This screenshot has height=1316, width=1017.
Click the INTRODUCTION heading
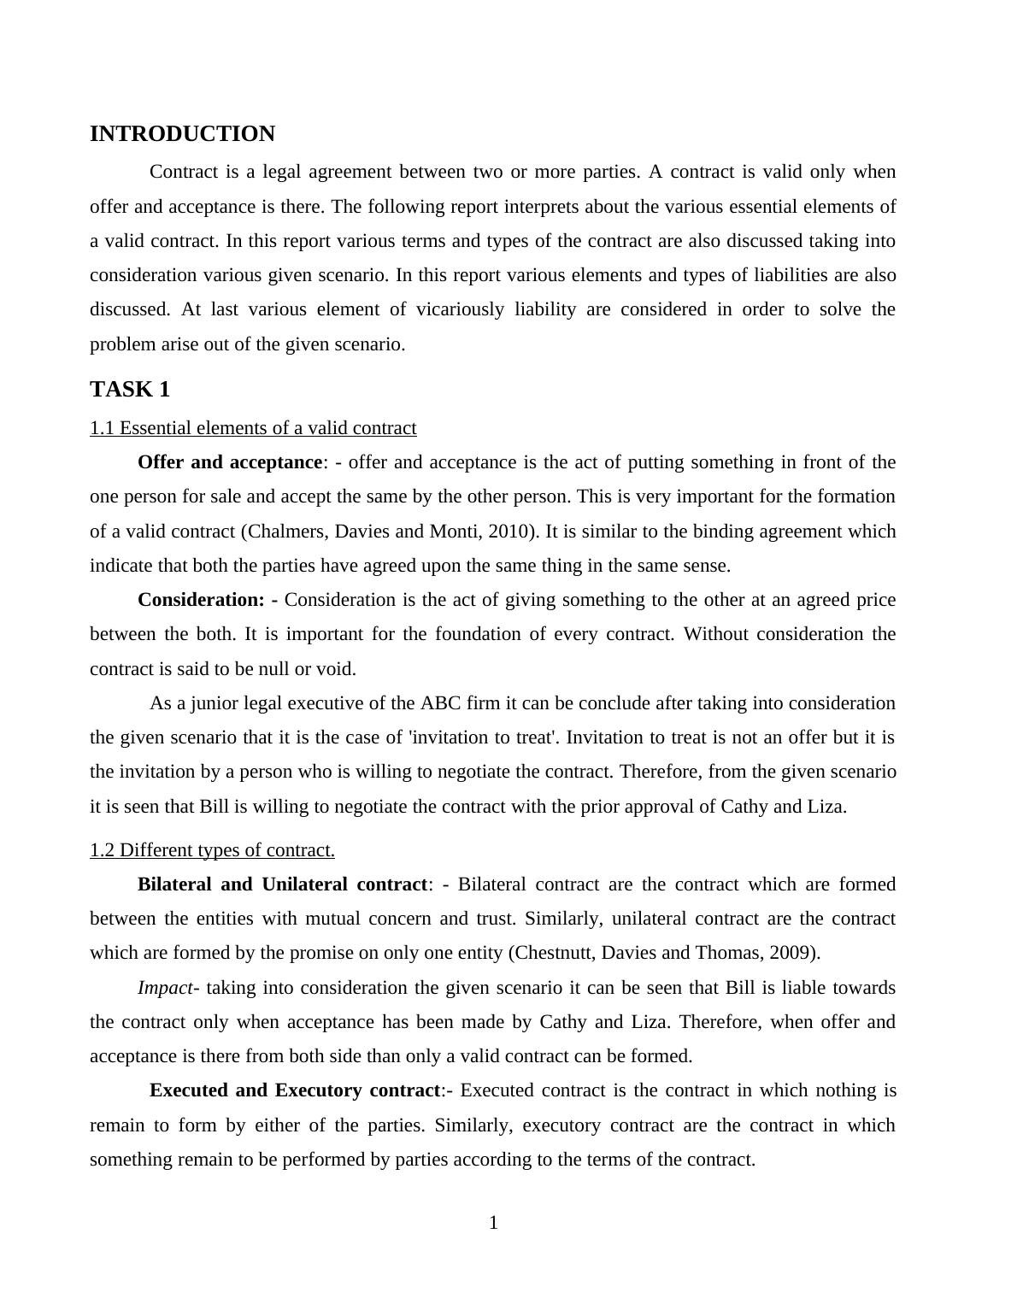pyautogui.click(x=182, y=134)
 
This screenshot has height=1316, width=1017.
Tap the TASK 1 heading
pyautogui.click(x=130, y=390)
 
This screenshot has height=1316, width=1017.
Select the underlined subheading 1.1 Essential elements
pyautogui.click(x=253, y=428)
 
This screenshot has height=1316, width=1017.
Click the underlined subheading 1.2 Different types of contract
pyautogui.click(x=212, y=850)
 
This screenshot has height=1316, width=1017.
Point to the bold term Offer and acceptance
pyautogui.click(x=229, y=462)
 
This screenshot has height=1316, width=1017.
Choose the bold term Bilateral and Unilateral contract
pyautogui.click(x=282, y=884)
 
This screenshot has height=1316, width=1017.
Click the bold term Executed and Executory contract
pyautogui.click(x=295, y=1090)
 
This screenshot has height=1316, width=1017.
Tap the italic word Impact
pyautogui.click(x=165, y=988)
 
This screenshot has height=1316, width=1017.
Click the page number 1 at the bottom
pyautogui.click(x=493, y=1223)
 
